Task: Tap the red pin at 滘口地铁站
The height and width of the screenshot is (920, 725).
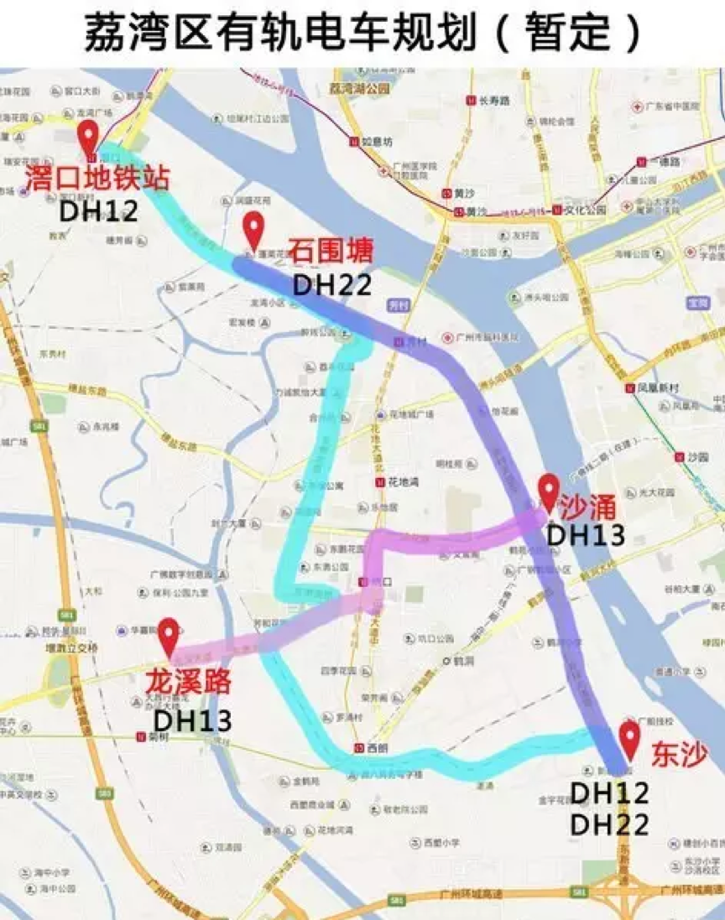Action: click(88, 138)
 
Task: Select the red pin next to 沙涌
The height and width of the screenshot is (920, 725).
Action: click(548, 491)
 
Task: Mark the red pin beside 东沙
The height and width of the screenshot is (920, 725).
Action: click(629, 739)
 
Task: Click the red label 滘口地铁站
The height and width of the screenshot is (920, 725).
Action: click(97, 179)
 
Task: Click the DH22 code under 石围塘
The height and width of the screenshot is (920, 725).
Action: click(331, 284)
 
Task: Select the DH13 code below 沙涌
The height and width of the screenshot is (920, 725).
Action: click(586, 535)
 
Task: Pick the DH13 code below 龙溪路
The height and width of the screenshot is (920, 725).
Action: click(192, 719)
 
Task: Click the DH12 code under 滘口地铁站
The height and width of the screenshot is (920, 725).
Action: click(99, 211)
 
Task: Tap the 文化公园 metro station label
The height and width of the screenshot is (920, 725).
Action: click(584, 211)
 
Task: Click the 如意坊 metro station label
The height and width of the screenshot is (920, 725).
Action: click(375, 141)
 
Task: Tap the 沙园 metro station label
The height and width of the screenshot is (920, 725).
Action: click(692, 458)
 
